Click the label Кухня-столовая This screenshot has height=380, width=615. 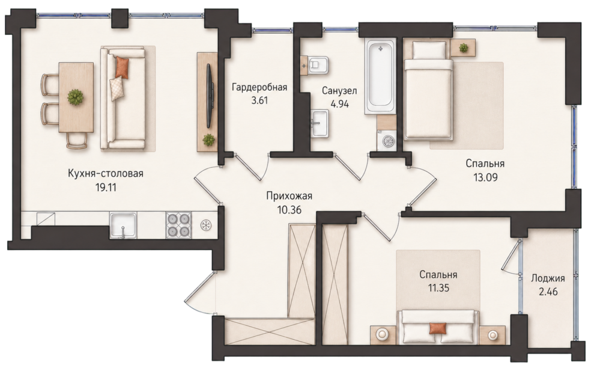click(106, 173)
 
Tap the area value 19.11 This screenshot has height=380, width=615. click(106, 187)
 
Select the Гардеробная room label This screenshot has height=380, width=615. click(259, 87)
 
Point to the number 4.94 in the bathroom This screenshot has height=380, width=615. click(340, 104)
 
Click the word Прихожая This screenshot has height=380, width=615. click(289, 196)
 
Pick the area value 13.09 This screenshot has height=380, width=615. click(485, 177)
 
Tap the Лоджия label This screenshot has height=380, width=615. click(548, 279)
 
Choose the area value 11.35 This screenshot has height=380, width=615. click(438, 288)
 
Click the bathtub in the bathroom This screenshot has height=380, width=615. click(380, 76)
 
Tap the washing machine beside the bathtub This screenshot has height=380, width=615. click(386, 141)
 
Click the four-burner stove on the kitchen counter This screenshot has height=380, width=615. click(178, 225)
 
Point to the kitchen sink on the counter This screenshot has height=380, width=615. click(123, 225)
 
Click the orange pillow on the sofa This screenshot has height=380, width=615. click(121, 67)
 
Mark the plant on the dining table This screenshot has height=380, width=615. click(75, 97)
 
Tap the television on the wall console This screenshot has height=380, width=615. click(210, 96)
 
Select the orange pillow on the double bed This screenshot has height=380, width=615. click(437, 328)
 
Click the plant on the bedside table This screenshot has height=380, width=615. click(464, 48)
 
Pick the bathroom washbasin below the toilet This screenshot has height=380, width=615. click(320, 123)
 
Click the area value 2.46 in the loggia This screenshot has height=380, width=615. click(548, 292)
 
